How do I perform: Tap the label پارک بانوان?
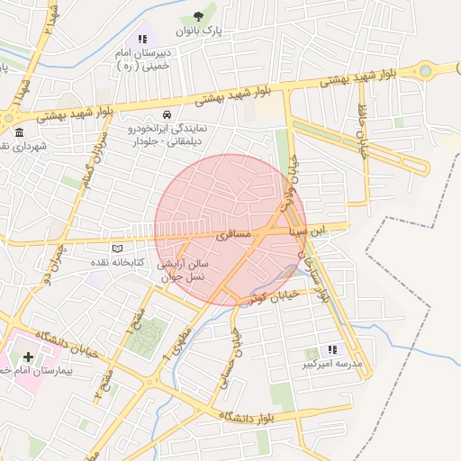(198, 31)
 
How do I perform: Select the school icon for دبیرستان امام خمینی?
(141, 39)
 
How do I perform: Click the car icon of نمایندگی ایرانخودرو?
(167, 115)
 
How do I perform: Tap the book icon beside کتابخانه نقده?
(116, 249)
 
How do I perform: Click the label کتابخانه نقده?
(114, 262)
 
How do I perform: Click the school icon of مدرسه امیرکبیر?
(332, 349)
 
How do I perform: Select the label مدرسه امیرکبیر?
(331, 365)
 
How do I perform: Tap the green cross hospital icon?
(28, 357)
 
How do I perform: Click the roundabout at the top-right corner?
(427, 70)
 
